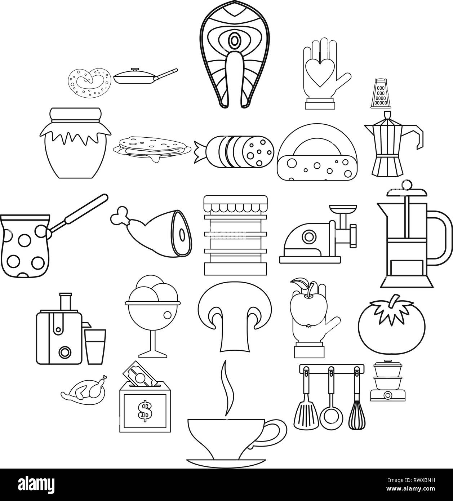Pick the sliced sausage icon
click(234, 151)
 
